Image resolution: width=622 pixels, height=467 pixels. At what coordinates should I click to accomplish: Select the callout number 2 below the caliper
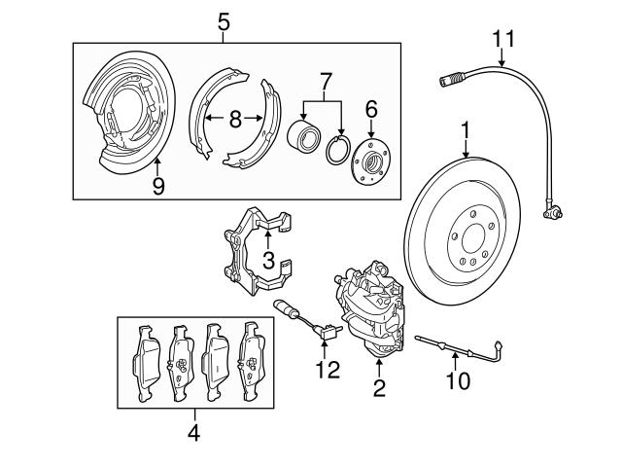coord(378,388)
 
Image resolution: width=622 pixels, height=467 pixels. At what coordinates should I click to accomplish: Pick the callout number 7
coord(326,77)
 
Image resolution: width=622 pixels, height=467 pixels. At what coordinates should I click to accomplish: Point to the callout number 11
coord(501,39)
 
